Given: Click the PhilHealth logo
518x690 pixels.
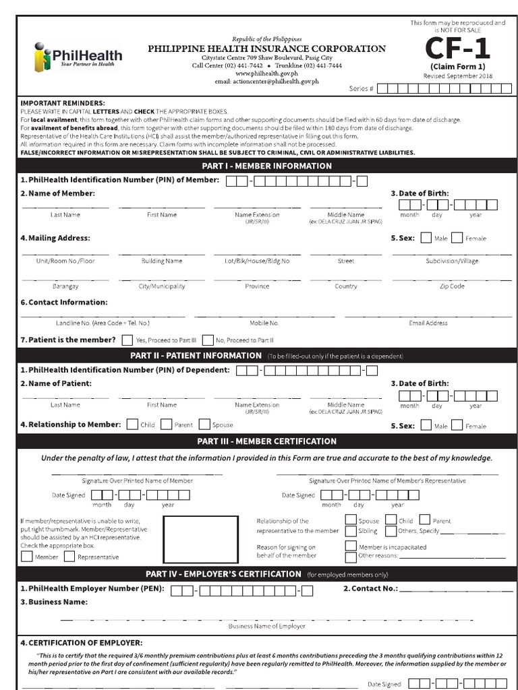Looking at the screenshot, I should (x=78, y=56).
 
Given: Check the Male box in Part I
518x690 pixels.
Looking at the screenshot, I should (x=426, y=238).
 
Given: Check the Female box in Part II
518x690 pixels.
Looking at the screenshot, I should (x=457, y=425).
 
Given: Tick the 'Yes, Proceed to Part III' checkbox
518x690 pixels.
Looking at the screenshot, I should (x=126, y=340).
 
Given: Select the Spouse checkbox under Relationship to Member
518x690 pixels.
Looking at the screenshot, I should (x=204, y=425).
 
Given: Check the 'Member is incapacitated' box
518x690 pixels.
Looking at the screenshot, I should (x=351, y=546).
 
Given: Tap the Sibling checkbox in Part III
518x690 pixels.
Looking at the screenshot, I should (x=351, y=530).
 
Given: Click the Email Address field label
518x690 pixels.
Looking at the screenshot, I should (x=428, y=323).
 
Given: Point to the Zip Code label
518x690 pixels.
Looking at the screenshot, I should (x=452, y=286).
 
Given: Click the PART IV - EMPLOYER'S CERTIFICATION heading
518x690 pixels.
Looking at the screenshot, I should (x=223, y=574).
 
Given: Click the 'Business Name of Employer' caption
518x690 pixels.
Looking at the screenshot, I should (x=266, y=626).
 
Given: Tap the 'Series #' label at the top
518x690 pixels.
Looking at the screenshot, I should (x=361, y=89).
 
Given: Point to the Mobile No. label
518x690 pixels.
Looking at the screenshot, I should (x=264, y=323).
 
